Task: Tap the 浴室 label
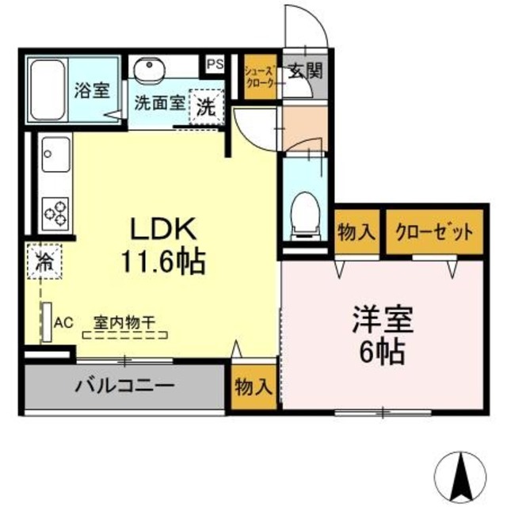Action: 92,90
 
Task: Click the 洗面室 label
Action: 160,102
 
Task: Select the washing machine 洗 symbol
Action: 206,109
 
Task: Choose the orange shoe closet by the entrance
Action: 259,76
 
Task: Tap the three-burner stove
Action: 55,212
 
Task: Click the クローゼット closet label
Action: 434,232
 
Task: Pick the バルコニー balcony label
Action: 125,387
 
